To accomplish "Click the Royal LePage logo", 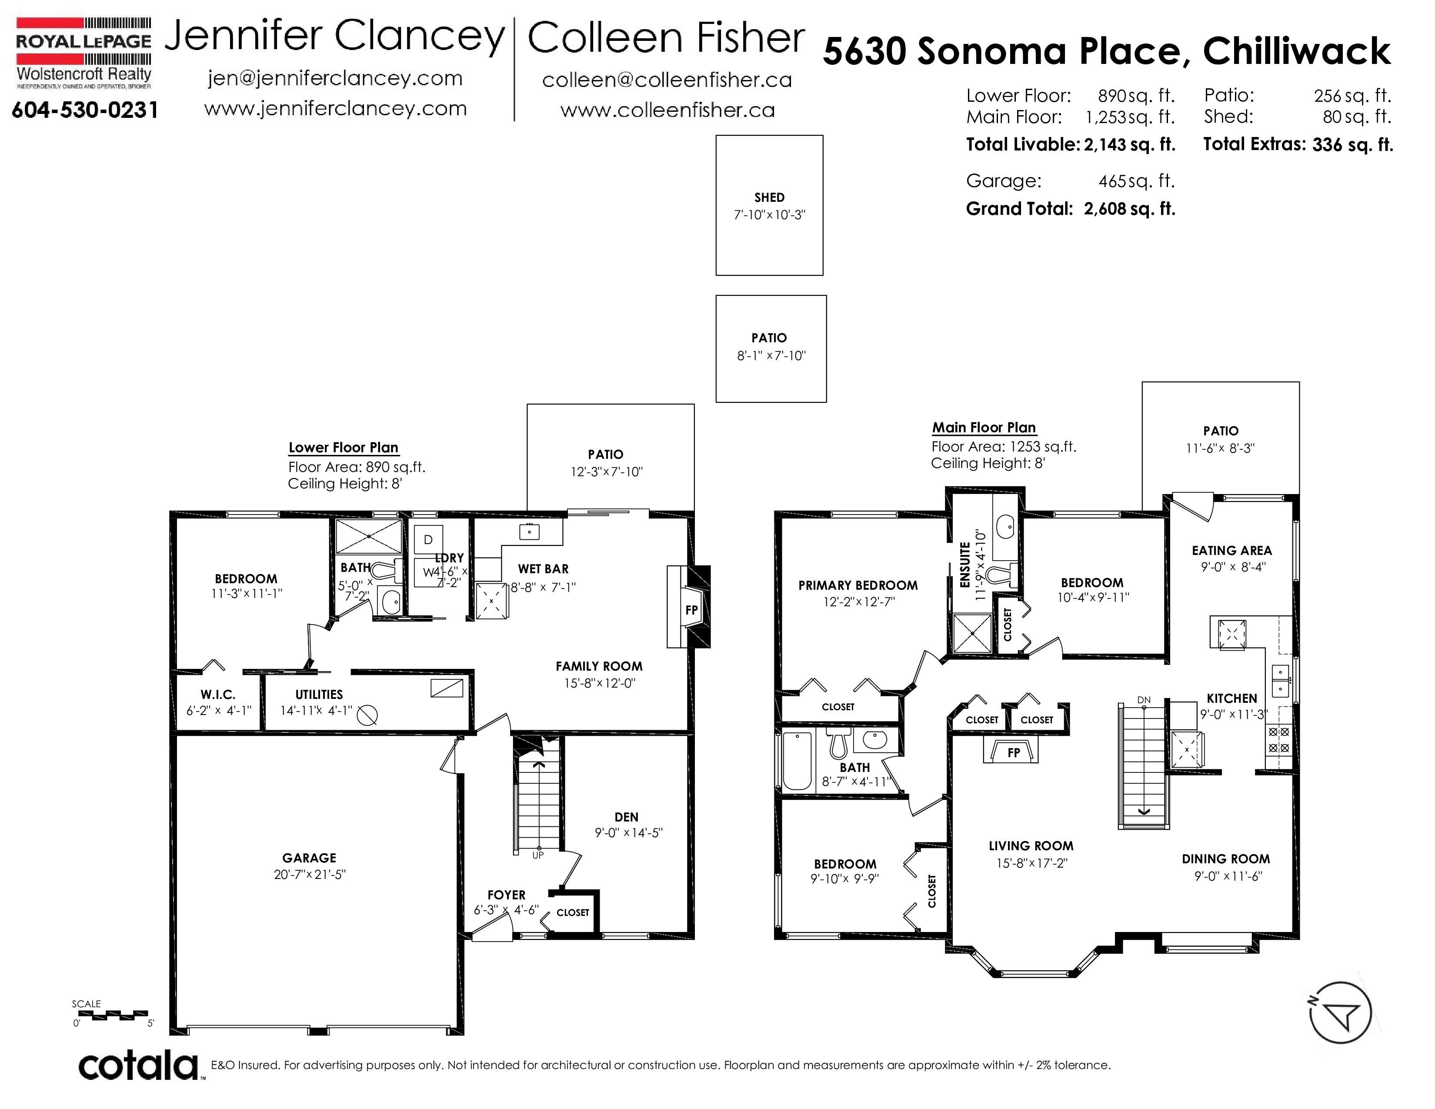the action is tap(83, 53).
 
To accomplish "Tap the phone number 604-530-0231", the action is tap(85, 110).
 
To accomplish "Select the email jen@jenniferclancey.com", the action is tap(335, 79).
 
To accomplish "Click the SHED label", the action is tap(769, 197).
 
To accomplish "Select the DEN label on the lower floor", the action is tap(626, 817).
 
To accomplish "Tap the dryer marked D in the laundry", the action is tap(428, 539).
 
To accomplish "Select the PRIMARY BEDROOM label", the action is tap(858, 585).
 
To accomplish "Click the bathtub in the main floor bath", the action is tap(798, 761).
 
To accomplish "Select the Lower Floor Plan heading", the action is tap(343, 448).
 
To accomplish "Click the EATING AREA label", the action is tap(1231, 551).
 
